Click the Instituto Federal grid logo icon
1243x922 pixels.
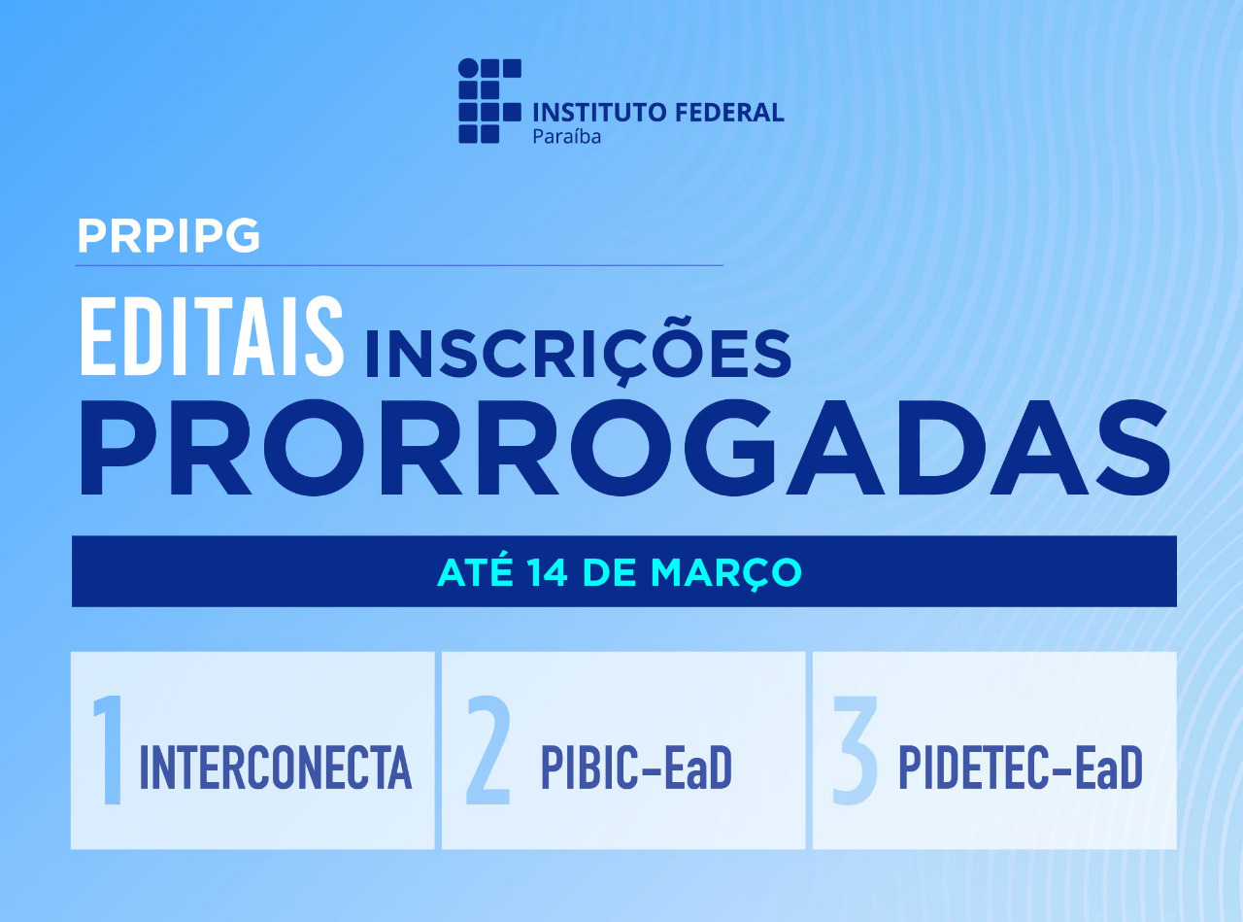[x=489, y=101]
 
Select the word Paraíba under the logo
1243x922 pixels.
[x=566, y=136]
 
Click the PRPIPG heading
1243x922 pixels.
[x=168, y=236]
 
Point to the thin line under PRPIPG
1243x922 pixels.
[x=398, y=264]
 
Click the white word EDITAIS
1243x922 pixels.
[x=211, y=338]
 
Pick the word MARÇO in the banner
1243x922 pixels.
[x=726, y=572]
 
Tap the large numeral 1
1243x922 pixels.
[x=109, y=751]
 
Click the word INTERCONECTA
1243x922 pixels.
[x=276, y=768]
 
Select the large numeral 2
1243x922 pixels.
[x=488, y=751]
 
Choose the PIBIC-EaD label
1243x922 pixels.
[x=636, y=768]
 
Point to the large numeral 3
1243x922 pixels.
[x=856, y=751]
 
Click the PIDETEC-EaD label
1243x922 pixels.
[x=1020, y=768]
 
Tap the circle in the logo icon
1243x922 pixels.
[x=469, y=68]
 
